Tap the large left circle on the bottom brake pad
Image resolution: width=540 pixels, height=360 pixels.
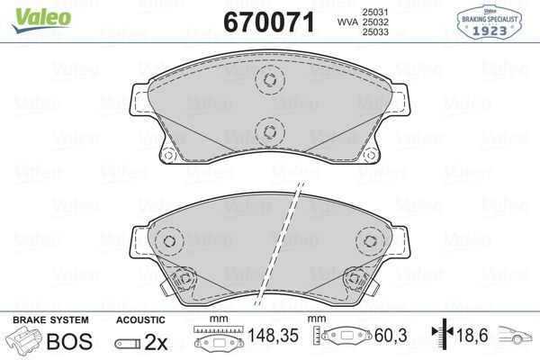pos(167,240)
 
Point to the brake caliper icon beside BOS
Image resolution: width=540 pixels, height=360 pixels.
pos(24,341)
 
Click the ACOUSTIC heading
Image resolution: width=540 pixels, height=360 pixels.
pos(141,320)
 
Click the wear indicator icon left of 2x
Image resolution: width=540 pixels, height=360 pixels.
pos(127,342)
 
